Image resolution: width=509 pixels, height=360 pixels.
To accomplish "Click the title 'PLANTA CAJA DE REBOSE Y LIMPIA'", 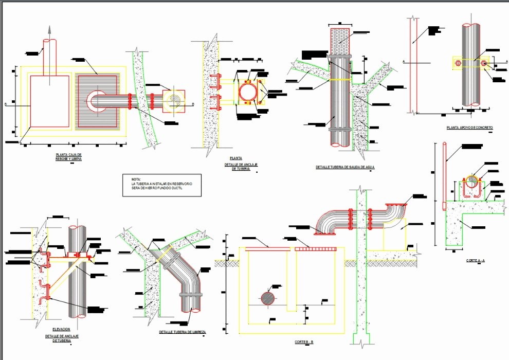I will (68, 156).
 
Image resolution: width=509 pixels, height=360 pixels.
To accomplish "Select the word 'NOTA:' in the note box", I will (136, 178).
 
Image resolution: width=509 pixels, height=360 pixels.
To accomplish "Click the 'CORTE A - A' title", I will (475, 261).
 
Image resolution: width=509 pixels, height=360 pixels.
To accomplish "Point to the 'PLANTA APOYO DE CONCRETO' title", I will (470, 128).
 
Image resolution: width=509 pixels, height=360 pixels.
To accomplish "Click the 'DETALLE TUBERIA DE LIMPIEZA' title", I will (182, 332).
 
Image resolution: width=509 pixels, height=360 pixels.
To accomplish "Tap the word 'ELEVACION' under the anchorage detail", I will (61, 329).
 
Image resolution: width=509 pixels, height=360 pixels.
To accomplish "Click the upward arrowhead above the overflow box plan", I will (50, 30).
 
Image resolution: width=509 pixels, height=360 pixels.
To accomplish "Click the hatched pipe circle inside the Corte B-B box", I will (267, 299).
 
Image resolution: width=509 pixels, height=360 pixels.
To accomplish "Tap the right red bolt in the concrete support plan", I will (484, 63).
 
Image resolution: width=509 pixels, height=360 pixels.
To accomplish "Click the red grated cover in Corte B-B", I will (314, 248).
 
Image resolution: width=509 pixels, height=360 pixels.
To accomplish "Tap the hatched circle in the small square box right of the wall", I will (174, 100).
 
